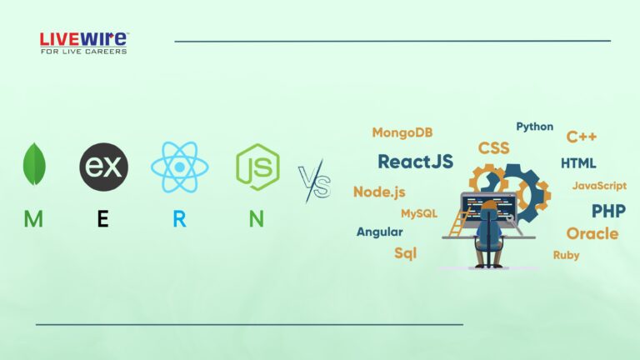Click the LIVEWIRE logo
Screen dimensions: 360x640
[x=83, y=42]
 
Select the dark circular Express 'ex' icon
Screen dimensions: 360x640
[x=103, y=166]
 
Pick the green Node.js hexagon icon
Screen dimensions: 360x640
[x=257, y=166]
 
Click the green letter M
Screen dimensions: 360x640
[x=33, y=219]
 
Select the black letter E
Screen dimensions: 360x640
[x=102, y=219]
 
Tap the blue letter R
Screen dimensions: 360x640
[x=179, y=219]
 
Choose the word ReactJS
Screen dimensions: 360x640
[x=415, y=162]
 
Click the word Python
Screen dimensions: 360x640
[x=534, y=127]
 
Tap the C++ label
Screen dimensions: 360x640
[x=581, y=137]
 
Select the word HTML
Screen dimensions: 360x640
[x=578, y=162]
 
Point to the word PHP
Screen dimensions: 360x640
[x=608, y=210]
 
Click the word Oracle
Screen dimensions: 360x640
[x=592, y=233]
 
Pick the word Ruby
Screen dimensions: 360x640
[x=566, y=255]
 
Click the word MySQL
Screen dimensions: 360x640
[x=418, y=213]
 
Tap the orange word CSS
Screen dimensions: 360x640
[x=493, y=148]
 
